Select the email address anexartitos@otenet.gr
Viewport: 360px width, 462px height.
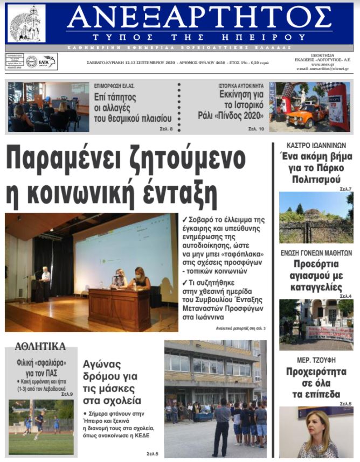coord(322,69)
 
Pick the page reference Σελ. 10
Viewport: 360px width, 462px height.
coord(256,129)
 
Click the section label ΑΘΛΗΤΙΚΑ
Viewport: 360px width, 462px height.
coord(40,346)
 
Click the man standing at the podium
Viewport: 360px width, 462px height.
coord(45,278)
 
